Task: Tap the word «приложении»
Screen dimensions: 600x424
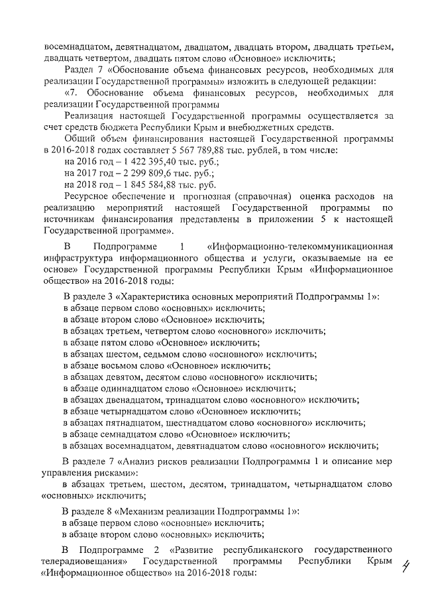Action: pyautogui.click(x=306, y=219)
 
